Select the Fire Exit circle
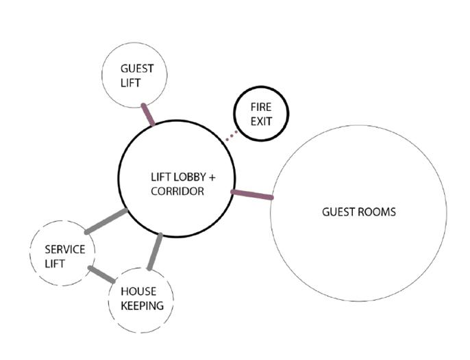tap(261, 114)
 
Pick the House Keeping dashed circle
tap(141, 298)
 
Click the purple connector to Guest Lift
tap(147, 114)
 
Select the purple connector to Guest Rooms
tap(252, 195)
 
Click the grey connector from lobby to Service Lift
tap(106, 222)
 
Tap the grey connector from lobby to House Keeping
tap(155, 251)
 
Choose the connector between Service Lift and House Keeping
tap(101, 274)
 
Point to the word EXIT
tap(261, 122)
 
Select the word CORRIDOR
tap(177, 192)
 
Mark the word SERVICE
tap(65, 249)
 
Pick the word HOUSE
tap(138, 291)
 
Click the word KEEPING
tap(142, 306)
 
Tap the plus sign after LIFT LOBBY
tap(212, 177)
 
